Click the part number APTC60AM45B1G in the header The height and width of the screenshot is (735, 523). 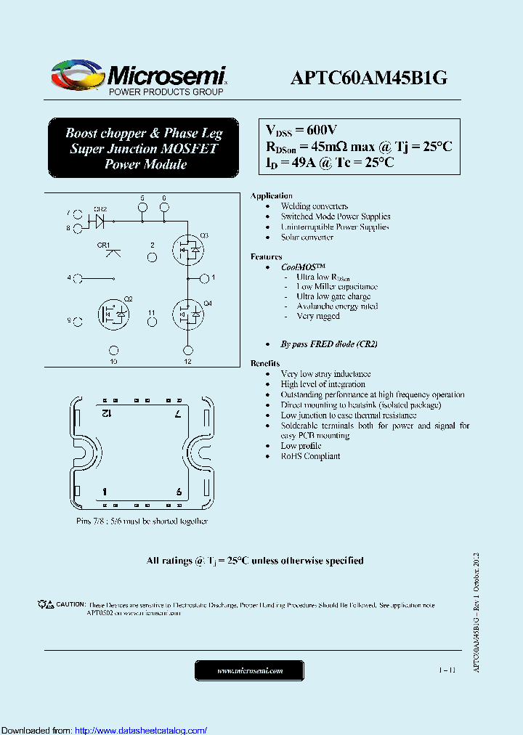pyautogui.click(x=368, y=78)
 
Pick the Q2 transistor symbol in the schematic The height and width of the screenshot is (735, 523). pyautogui.click(x=113, y=313)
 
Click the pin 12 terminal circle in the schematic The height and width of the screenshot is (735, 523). pyautogui.click(x=187, y=350)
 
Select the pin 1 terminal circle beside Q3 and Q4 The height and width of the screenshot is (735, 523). pyautogui.click(x=205, y=277)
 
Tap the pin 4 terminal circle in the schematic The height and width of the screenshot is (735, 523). pyautogui.click(x=78, y=278)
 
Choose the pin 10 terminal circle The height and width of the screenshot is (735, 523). pyautogui.click(x=113, y=350)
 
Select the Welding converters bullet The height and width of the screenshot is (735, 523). pyautogui.click(x=315, y=206)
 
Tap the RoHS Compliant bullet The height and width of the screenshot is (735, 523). pyautogui.click(x=310, y=456)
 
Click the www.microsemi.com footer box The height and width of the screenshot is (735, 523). pyautogui.click(x=250, y=670)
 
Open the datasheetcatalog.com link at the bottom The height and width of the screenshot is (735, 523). pyautogui.click(x=141, y=730)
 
